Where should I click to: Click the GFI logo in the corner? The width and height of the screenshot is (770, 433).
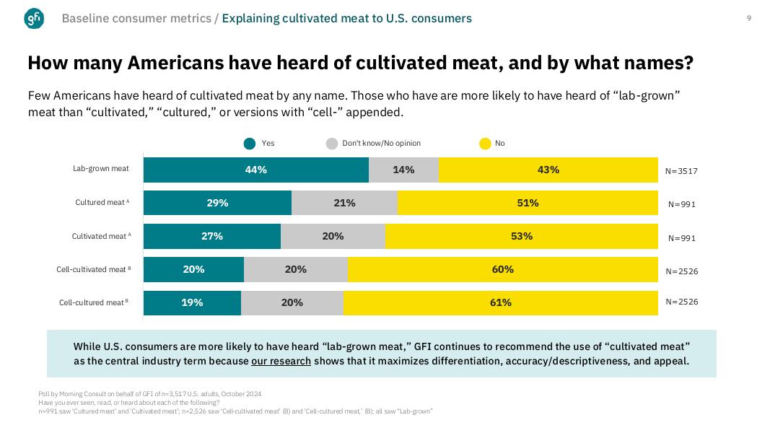click(x=34, y=19)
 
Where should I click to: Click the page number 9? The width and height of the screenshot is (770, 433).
click(x=749, y=18)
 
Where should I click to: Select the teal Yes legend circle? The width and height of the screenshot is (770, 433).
click(x=250, y=144)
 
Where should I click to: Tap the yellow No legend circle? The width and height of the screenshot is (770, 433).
click(x=486, y=144)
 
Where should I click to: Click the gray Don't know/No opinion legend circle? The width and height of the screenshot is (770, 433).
click(x=332, y=144)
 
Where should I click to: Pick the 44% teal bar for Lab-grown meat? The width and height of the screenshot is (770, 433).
click(x=256, y=170)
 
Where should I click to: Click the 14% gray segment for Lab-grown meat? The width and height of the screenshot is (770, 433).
click(x=403, y=170)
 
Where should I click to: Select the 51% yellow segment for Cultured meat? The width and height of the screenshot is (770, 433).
click(x=528, y=203)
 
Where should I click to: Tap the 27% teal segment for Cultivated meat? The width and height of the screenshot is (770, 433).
click(x=212, y=236)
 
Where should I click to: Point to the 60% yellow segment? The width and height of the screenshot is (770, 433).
click(x=503, y=269)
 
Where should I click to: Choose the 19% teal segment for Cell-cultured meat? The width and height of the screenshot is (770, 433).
click(x=192, y=302)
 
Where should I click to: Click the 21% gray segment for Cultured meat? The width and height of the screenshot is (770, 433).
click(x=344, y=203)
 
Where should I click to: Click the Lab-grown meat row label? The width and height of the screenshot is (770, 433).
click(x=101, y=169)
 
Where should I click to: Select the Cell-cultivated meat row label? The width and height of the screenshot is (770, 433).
click(x=93, y=270)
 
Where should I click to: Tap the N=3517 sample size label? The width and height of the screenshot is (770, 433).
click(x=681, y=171)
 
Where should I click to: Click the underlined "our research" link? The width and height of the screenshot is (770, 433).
click(x=281, y=361)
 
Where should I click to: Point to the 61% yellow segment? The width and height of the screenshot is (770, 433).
click(x=501, y=302)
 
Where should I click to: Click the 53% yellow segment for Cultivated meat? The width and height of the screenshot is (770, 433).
click(x=522, y=236)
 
